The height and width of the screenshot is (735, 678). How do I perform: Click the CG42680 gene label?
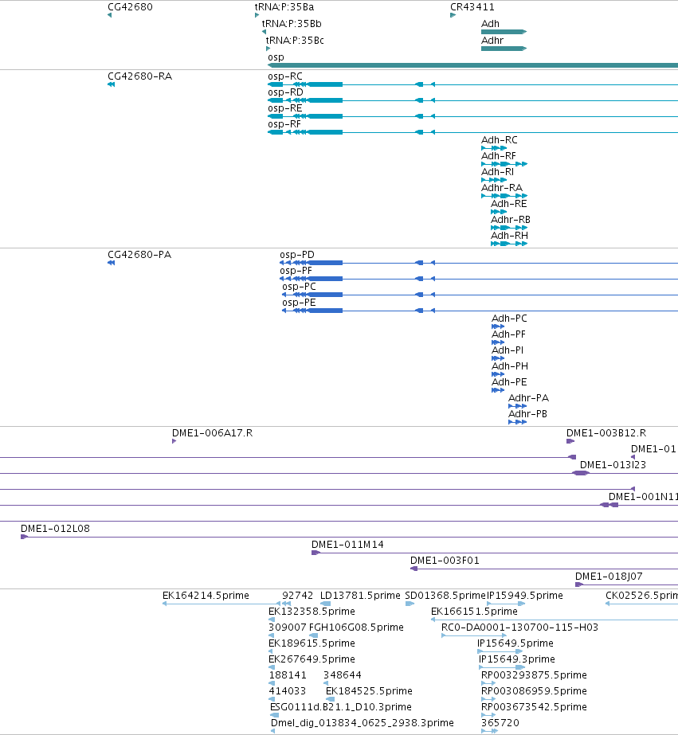click(130, 7)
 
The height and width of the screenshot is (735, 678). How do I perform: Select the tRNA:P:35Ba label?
click(284, 7)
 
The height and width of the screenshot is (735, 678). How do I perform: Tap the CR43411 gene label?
click(472, 7)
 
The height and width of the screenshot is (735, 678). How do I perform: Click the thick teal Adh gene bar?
click(504, 32)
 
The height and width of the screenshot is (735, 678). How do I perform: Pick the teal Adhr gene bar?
click(504, 49)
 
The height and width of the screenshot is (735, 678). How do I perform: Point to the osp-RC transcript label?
click(285, 76)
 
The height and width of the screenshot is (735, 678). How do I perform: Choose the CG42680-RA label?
click(139, 76)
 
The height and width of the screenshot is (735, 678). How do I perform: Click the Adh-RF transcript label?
click(499, 155)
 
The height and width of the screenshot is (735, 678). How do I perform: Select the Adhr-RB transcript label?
click(511, 219)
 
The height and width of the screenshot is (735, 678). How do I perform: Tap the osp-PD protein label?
click(297, 255)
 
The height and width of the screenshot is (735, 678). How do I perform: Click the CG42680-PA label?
click(139, 255)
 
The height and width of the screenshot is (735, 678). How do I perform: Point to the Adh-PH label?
click(510, 366)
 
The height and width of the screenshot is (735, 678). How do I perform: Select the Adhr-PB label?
click(528, 413)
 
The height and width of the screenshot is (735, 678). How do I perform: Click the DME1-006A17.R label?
click(213, 432)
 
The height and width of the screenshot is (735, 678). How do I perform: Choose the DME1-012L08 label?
click(55, 528)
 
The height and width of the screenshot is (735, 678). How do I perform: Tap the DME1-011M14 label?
click(347, 544)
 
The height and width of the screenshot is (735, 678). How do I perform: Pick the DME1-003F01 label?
click(445, 560)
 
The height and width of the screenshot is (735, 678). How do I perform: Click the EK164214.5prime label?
click(206, 596)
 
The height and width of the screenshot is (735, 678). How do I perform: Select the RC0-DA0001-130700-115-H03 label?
click(519, 627)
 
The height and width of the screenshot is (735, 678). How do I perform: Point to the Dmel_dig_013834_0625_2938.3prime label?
click(362, 723)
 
